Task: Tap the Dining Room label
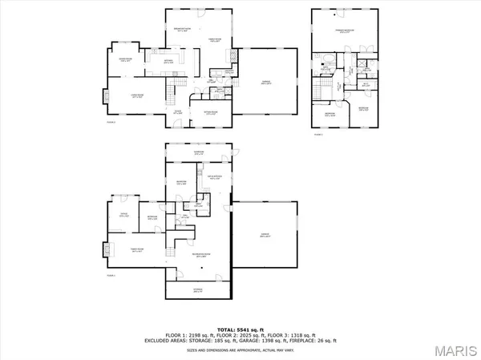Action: coord(124,59)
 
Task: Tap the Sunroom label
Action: coord(198,152)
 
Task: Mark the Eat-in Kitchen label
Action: coord(214,176)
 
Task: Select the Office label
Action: coord(124,215)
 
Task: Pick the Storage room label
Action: coord(197,290)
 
